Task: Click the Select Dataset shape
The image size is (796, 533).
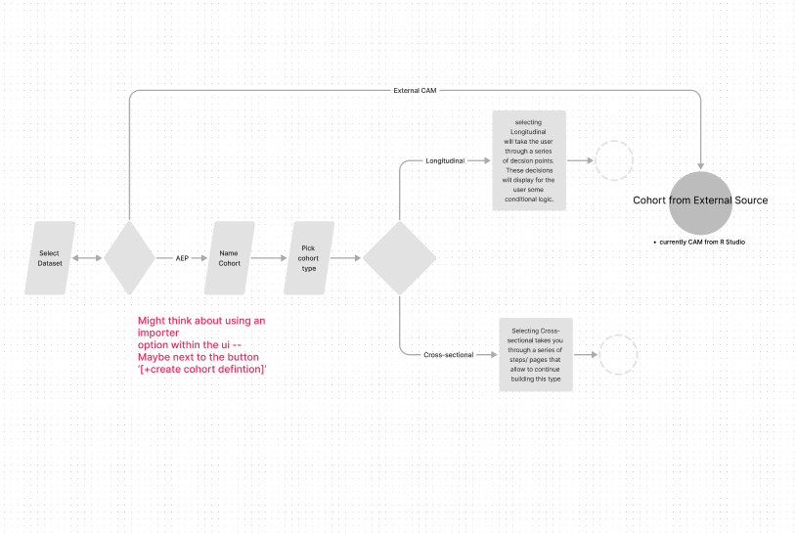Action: click(x=49, y=258)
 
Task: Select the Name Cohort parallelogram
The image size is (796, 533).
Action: click(x=230, y=258)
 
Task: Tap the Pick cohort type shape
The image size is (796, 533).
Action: click(x=309, y=258)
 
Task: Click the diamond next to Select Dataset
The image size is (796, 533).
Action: click(x=129, y=258)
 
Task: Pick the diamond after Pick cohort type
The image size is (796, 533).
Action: click(x=399, y=258)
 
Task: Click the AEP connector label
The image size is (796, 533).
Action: click(x=182, y=258)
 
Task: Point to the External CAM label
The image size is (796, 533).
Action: click(x=414, y=91)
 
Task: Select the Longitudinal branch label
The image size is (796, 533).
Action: click(x=445, y=159)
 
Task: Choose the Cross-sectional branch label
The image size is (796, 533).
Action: click(x=449, y=355)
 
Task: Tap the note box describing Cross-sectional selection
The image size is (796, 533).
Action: click(x=536, y=354)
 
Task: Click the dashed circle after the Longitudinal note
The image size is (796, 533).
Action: click(x=614, y=160)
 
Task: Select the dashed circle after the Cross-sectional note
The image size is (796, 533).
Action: click(x=618, y=355)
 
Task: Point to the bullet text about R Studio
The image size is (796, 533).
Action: click(x=700, y=242)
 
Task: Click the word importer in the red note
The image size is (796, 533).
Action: click(x=158, y=333)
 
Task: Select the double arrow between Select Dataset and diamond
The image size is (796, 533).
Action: click(x=88, y=258)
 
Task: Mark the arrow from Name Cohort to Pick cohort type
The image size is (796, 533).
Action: click(x=268, y=258)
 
